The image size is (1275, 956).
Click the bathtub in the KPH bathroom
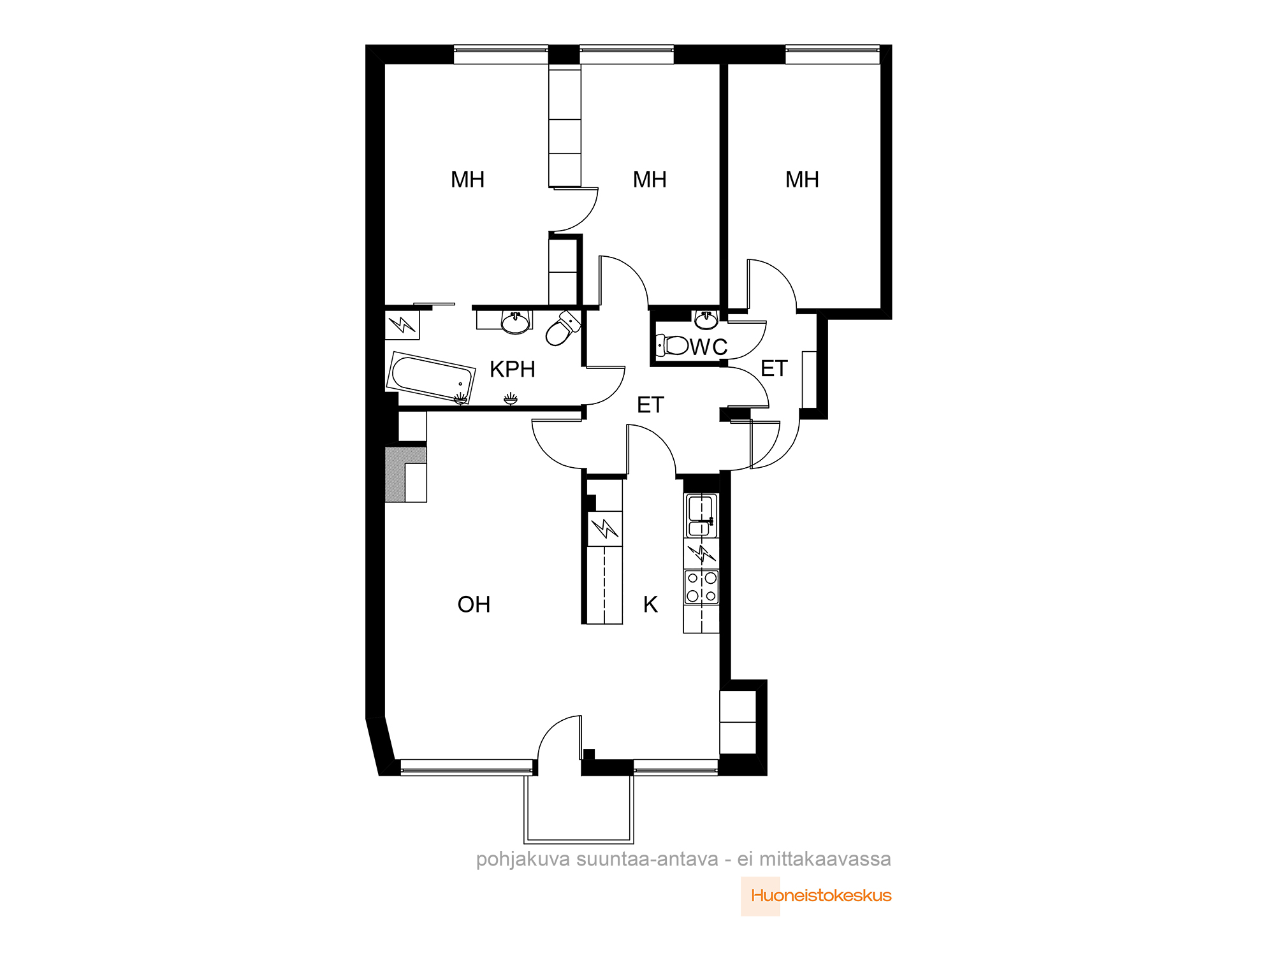point(431,377)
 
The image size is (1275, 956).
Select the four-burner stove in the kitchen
point(701,587)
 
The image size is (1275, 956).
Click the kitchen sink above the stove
point(701,516)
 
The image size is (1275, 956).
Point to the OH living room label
point(474,604)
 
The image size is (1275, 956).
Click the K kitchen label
point(650,604)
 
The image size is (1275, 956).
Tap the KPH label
point(512,369)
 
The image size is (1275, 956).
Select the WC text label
point(709,347)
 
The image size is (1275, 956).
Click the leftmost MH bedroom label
point(467,180)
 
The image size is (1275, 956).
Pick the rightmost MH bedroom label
point(802,180)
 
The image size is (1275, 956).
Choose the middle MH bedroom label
point(650,180)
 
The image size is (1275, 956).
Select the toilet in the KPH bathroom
point(563,328)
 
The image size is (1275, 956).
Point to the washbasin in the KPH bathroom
point(516,322)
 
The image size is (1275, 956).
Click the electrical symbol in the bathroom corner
point(402,324)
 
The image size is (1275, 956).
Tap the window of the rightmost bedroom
point(833,54)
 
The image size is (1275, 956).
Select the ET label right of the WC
point(774,368)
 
